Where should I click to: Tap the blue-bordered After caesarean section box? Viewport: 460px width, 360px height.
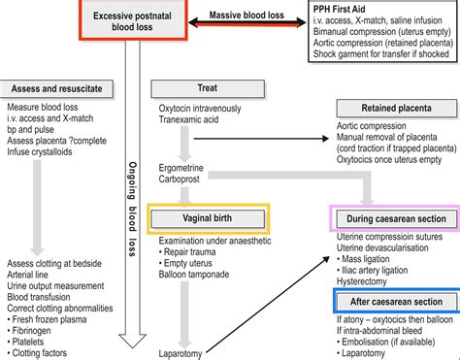pos(394,305)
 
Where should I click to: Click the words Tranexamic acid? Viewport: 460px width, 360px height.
pos(190,135)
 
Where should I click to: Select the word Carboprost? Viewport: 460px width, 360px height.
pos(181,178)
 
